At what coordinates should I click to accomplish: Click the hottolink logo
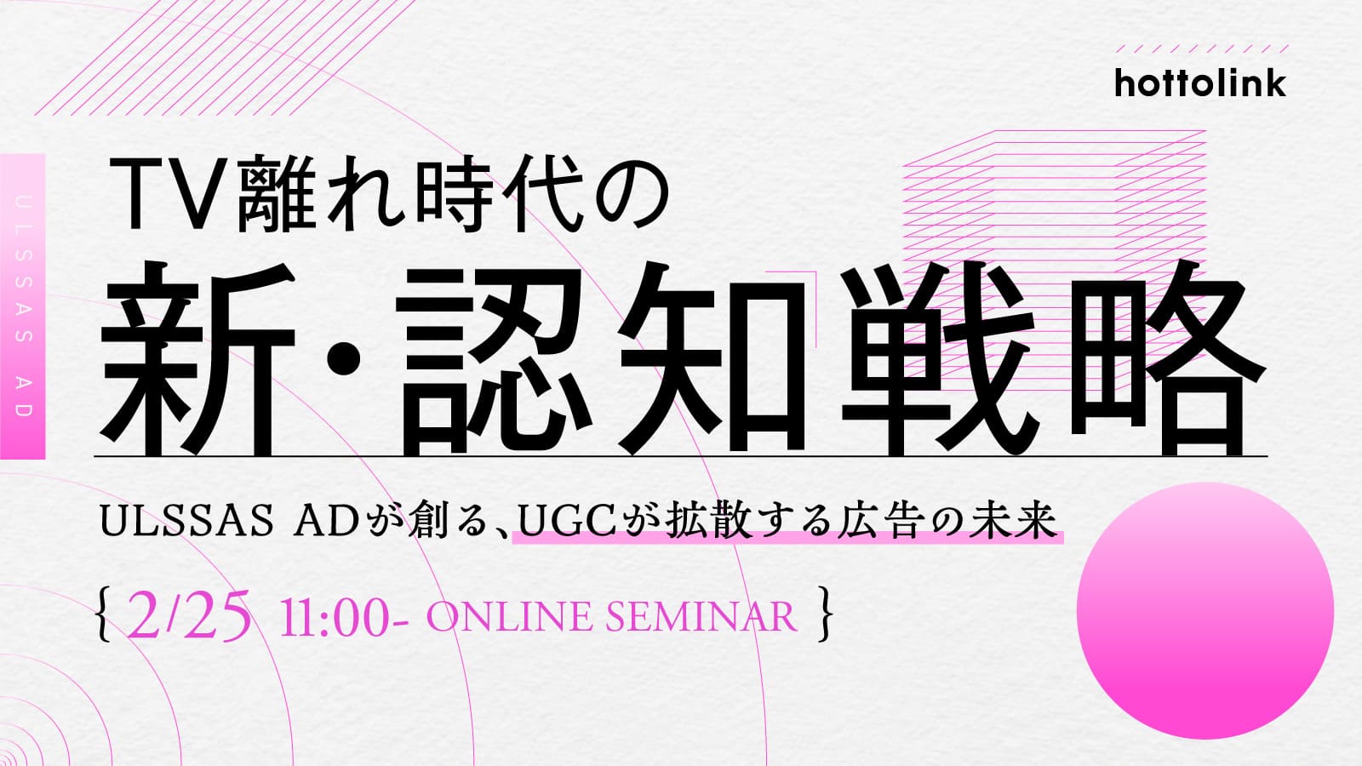click(x=1200, y=83)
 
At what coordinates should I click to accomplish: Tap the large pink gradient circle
click(x=1205, y=610)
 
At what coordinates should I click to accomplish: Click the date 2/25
click(x=188, y=615)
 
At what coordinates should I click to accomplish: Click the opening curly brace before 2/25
click(x=105, y=615)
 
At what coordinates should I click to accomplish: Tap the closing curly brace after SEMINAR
click(x=825, y=615)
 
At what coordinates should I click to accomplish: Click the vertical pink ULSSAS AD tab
click(x=22, y=306)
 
